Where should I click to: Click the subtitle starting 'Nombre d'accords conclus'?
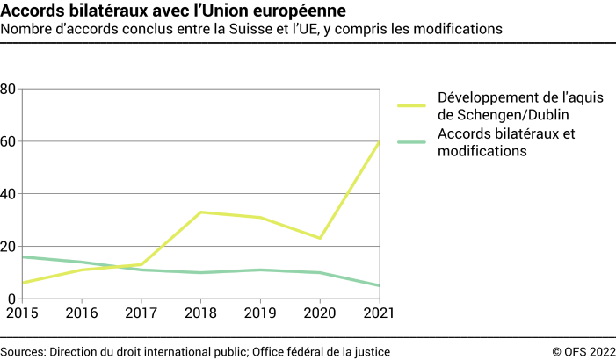(x=251, y=29)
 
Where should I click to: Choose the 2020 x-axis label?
(x=319, y=312)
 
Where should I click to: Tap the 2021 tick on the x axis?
(x=380, y=312)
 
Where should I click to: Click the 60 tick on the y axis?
(x=9, y=141)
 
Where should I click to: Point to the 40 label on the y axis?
(x=9, y=194)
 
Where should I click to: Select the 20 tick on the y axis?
(x=9, y=247)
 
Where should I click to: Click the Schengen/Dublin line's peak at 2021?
(x=380, y=141)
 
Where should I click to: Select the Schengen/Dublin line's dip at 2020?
(x=319, y=238)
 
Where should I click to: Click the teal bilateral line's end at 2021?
(x=380, y=285)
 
